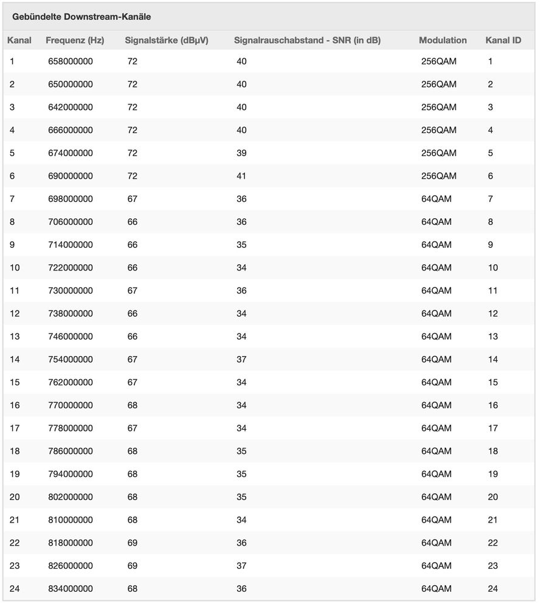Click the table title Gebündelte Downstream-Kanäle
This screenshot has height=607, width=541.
(81, 17)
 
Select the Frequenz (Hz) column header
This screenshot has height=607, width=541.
(75, 41)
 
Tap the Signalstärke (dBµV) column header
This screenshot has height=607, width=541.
(167, 41)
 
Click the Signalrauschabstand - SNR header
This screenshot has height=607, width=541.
(307, 41)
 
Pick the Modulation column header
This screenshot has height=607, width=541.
(443, 41)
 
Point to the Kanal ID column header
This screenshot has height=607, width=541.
(503, 41)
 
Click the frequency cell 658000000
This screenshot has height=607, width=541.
(71, 61)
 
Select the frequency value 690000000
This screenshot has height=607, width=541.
(71, 176)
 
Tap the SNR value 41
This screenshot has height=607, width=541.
(241, 176)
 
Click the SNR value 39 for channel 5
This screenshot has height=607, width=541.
(241, 153)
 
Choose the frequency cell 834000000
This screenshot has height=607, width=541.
(71, 589)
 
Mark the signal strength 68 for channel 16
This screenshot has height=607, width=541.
(133, 405)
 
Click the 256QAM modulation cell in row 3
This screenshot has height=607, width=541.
(438, 108)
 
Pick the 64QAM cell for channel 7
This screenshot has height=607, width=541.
(436, 199)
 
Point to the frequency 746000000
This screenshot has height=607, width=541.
(71, 337)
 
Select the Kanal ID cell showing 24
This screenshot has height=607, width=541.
(492, 589)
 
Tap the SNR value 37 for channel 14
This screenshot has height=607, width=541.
(241, 360)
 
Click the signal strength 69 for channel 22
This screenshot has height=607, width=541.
(133, 543)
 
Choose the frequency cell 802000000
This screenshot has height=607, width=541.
(71, 497)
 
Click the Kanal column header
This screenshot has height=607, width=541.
(19, 41)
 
